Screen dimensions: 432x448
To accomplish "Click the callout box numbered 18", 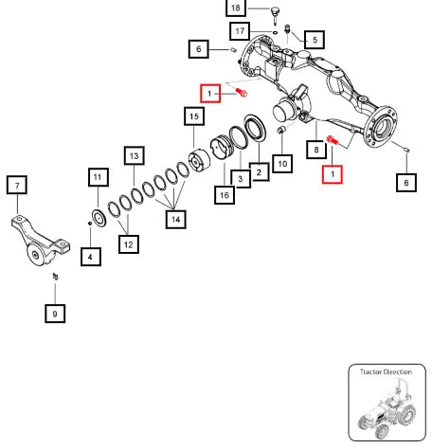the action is pyautogui.click(x=236, y=7).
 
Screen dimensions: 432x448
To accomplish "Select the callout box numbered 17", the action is pyautogui.click(x=240, y=31).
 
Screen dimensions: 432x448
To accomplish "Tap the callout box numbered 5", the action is pyautogui.click(x=315, y=40).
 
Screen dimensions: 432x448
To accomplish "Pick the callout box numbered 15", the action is pyautogui.click(x=194, y=116).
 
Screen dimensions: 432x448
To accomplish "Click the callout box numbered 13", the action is pyautogui.click(x=135, y=155).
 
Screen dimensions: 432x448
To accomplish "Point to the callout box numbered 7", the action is pyautogui.click(x=17, y=185).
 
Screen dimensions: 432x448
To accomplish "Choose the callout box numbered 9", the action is pyautogui.click(x=55, y=314).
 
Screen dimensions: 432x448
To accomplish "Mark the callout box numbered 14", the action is pyautogui.click(x=175, y=219).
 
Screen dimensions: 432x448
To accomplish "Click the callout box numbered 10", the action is pyautogui.click(x=282, y=164).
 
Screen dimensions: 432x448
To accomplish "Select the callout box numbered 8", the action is pyautogui.click(x=316, y=150).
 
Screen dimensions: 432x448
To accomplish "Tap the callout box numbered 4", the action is pyautogui.click(x=91, y=257).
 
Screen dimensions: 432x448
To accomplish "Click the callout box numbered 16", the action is pyautogui.click(x=225, y=195).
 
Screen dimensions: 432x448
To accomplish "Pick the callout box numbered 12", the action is pyautogui.click(x=129, y=244).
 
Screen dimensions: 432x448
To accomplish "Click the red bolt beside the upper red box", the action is pyautogui.click(x=242, y=93).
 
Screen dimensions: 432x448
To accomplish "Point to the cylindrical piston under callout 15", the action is pyautogui.click(x=199, y=160).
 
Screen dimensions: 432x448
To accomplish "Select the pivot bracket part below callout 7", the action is pyautogui.click(x=40, y=240).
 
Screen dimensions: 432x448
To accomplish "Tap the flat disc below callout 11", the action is pyautogui.click(x=99, y=218).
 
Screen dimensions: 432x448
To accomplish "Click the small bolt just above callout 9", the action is pyautogui.click(x=56, y=277).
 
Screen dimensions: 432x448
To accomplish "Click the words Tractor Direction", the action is pyautogui.click(x=386, y=372).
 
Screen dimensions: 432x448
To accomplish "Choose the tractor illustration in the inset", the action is pyautogui.click(x=387, y=408).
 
